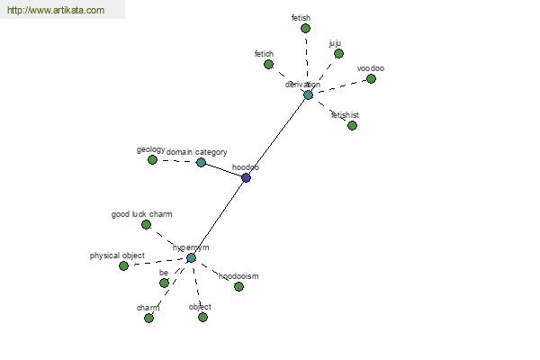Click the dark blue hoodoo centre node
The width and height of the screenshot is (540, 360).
tap(246, 177)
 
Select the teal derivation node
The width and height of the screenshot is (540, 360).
tap(308, 94)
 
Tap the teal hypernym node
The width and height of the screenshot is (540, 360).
tap(191, 258)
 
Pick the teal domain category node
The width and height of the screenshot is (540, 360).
tap(201, 163)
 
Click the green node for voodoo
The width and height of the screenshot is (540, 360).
tap(371, 79)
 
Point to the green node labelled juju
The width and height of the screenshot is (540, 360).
tap(338, 54)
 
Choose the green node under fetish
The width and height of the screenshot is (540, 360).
tap(305, 29)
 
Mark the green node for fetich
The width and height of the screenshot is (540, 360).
tap(268, 65)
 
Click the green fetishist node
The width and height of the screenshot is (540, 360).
tap(352, 126)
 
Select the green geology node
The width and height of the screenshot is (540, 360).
tap(152, 160)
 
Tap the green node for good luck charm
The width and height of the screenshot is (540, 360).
tap(146, 225)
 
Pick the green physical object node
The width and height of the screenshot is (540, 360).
tap(123, 266)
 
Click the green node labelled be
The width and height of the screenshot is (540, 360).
tap(164, 283)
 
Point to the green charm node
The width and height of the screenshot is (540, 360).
tap(148, 318)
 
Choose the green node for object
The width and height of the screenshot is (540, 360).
tap(202, 317)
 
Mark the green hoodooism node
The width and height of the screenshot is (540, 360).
tap(238, 287)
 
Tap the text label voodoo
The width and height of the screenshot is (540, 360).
tap(371, 68)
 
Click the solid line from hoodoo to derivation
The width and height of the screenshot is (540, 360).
tap(277, 136)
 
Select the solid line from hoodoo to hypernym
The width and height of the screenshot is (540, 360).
tap(219, 217)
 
